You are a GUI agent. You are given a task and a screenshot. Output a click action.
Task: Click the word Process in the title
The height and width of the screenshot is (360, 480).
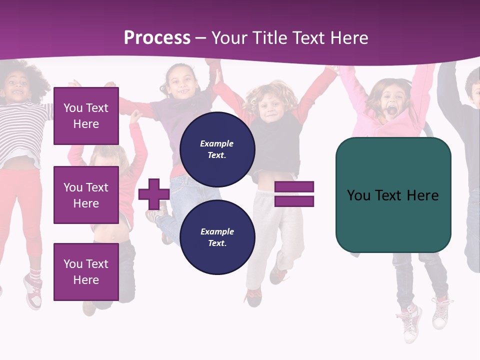tap(157, 38)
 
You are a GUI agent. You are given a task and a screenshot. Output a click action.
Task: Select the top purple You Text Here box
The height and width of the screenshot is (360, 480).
tap(86, 116)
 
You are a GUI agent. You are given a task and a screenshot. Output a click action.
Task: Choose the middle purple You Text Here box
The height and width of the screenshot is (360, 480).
tap(86, 195)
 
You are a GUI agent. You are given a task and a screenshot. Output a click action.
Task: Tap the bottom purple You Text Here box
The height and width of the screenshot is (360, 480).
tap(86, 272)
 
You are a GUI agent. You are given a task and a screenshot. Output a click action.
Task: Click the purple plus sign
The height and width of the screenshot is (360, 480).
tap(153, 194)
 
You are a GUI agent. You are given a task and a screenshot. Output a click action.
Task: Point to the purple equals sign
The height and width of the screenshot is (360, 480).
tap(294, 194)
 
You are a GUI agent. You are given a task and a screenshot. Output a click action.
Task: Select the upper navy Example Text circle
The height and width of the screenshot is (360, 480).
tap(217, 149)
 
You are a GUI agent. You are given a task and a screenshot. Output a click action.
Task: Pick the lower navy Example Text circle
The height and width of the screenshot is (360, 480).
tap(217, 237)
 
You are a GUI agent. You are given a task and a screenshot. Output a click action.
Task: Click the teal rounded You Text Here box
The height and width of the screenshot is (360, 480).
tap(393, 195)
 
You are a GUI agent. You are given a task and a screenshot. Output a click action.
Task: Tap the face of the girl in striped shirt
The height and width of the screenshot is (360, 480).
tap(16, 89)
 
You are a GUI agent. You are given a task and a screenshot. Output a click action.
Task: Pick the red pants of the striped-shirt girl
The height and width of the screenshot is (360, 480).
tap(22, 210)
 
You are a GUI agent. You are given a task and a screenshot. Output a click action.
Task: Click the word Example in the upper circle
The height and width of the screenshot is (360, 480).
tap(216, 144)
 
